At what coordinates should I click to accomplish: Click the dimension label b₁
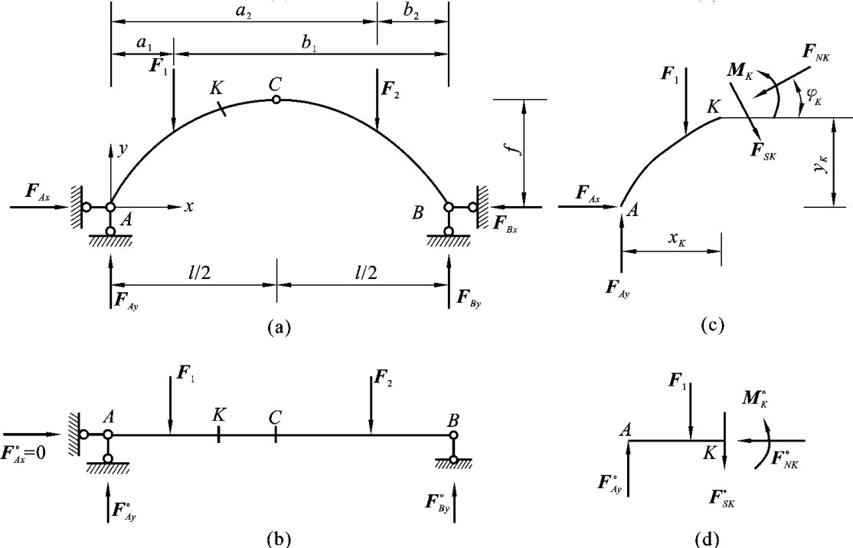309,46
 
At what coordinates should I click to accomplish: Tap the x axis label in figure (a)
188,206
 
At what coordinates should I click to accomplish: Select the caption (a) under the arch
277,327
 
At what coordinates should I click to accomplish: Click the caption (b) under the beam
277,537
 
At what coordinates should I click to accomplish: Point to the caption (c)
712,325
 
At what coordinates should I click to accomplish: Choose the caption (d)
712,538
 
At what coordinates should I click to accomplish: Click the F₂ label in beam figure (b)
381,378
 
